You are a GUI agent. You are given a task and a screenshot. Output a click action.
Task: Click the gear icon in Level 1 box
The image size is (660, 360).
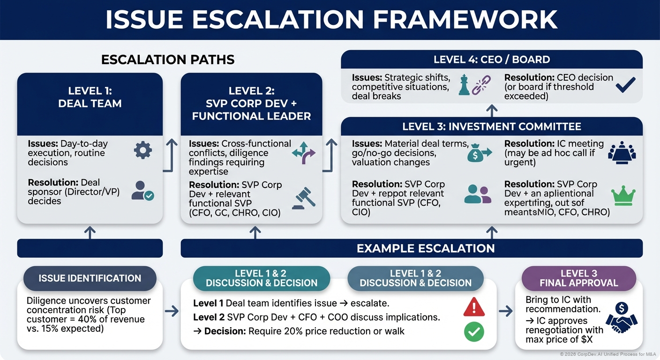[142, 150]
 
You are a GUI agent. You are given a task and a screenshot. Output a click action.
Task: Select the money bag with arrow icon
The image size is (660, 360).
[478, 153]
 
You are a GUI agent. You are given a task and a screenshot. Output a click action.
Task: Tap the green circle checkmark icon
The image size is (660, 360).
[473, 332]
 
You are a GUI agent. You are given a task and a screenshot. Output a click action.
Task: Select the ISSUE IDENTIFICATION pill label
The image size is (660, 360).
[90, 278]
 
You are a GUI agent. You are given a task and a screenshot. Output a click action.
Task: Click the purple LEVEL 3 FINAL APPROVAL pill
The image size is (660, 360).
[578, 278]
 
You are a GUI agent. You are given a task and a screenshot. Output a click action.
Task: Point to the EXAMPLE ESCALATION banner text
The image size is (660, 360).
[426, 248]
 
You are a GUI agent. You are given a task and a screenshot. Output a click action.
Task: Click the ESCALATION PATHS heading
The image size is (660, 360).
[168, 60]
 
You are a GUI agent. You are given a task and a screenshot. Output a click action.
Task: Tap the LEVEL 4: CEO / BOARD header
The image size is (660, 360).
[491, 60]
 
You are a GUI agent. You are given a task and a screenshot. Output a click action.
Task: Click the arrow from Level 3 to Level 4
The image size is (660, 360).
[491, 111]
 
